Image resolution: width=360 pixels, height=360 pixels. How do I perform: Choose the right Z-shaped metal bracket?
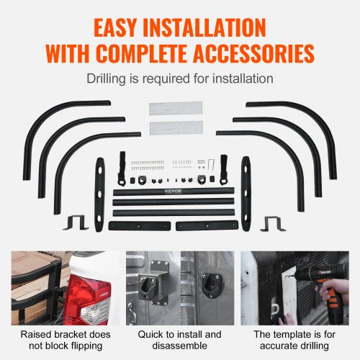pyautogui.click(x=272, y=224)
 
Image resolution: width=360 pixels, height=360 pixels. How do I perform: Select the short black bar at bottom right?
pyautogui.click(x=206, y=225)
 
